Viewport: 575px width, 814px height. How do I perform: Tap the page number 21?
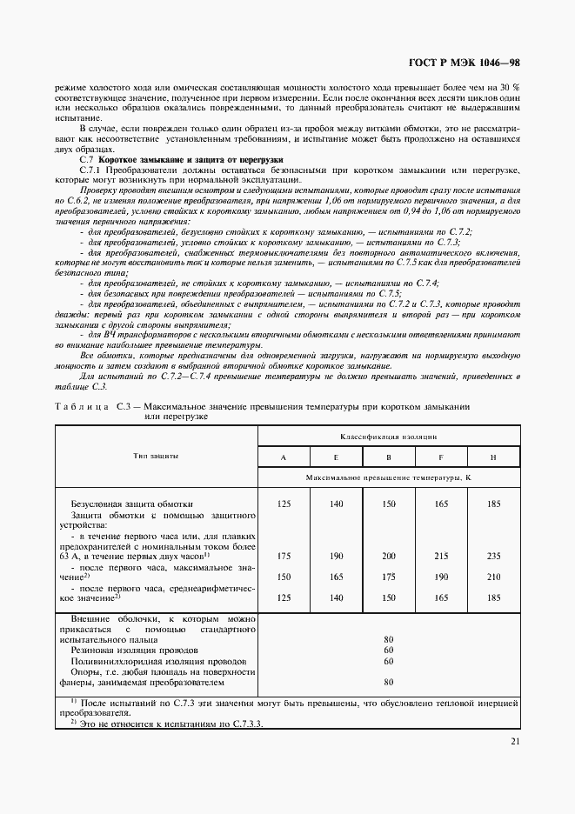(513, 742)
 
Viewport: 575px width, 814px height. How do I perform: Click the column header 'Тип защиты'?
(157, 456)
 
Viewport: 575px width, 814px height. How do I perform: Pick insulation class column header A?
(284, 457)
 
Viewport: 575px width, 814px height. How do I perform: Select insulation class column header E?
(336, 457)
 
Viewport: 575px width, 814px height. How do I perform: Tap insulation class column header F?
(441, 457)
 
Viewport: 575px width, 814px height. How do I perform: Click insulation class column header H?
(493, 457)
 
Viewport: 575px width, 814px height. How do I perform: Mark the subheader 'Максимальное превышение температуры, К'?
(388, 478)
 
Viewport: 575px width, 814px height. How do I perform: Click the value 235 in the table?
(493, 556)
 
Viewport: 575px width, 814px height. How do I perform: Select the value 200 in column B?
(388, 556)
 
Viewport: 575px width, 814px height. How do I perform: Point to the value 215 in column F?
(441, 556)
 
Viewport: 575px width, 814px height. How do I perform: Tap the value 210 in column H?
(493, 577)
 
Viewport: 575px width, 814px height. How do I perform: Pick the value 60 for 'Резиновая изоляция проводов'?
(388, 650)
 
